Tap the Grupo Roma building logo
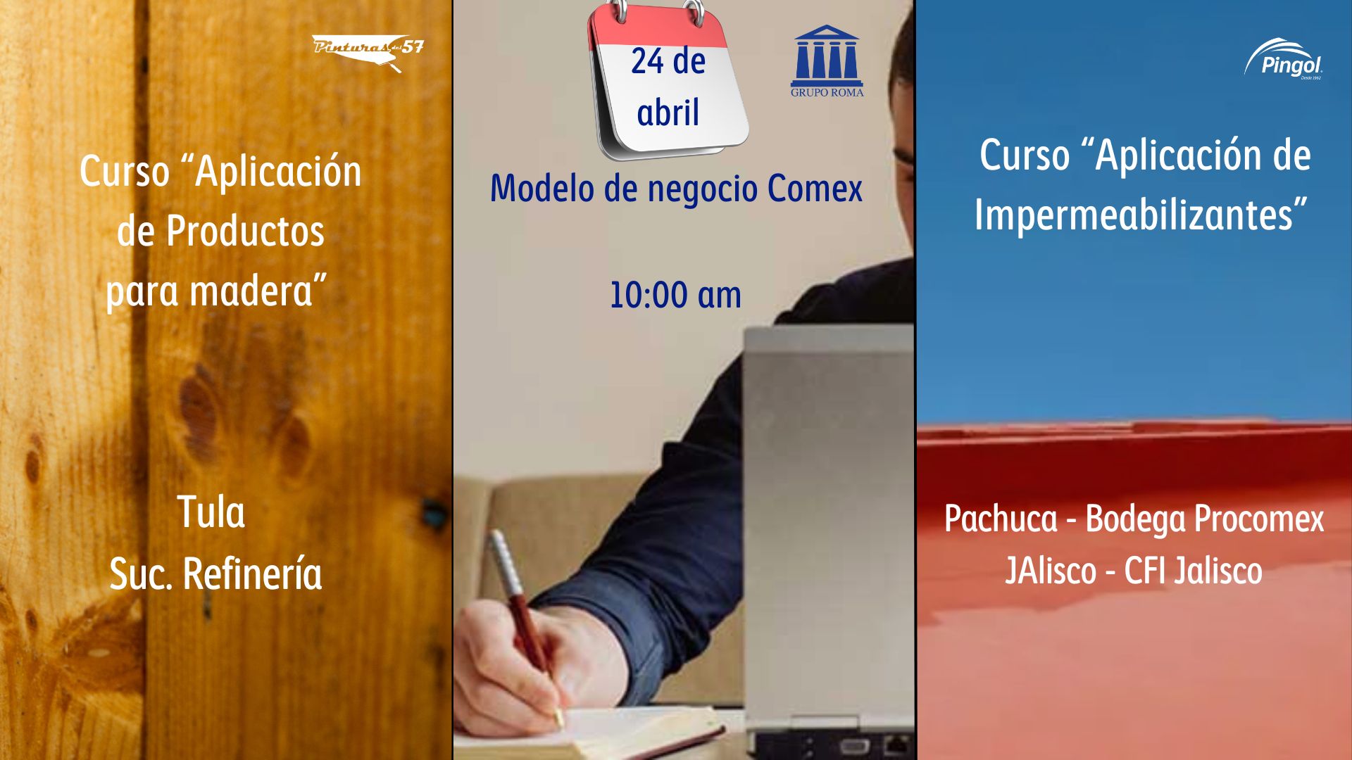coord(827,61)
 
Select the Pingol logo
coord(1283,59)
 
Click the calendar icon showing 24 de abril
coord(668,79)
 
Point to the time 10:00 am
coord(675,295)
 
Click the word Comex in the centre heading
coord(815,189)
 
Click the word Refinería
coord(252,573)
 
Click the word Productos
coord(245,231)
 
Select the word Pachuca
coord(1001,519)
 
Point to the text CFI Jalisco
coord(1193,571)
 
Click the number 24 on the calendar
coord(646,61)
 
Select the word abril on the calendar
coord(668,113)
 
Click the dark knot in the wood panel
coord(430,512)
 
